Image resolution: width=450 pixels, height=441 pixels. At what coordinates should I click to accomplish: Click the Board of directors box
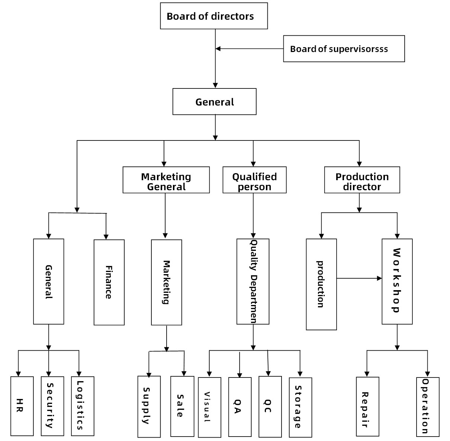pos(214,16)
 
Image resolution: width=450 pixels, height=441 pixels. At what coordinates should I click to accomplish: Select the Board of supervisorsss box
pos(344,49)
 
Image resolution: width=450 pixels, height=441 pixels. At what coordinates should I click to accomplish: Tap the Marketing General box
pos(166,180)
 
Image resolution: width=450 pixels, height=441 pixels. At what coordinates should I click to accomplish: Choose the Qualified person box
pos(254,180)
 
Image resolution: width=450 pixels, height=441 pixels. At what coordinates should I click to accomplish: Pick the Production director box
pos(362,180)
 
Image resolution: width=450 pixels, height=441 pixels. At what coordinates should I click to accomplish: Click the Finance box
pos(109,282)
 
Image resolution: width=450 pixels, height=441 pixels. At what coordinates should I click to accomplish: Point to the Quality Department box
pos(253,281)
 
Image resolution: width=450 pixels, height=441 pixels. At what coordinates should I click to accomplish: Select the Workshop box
pos(397,281)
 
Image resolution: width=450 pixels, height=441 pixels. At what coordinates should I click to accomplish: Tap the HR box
pos(22,406)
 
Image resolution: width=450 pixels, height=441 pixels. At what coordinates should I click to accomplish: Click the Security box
pos(52,406)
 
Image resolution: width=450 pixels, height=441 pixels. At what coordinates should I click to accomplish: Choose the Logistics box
pos(83,406)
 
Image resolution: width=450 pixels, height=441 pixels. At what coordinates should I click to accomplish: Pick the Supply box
pos(149,407)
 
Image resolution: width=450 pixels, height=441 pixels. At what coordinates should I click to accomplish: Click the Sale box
pos(182,406)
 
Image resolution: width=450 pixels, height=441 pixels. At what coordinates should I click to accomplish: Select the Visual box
pos(209,408)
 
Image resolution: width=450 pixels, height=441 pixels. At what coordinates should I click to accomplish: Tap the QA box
pos(240,407)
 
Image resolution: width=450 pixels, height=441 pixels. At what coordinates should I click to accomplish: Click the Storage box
pos(300,408)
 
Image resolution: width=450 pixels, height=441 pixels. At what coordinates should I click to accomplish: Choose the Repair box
pos(367,407)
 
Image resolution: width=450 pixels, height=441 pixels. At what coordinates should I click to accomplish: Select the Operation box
pos(428,407)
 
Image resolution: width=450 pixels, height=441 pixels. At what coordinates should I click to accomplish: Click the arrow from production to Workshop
pos(359,278)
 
